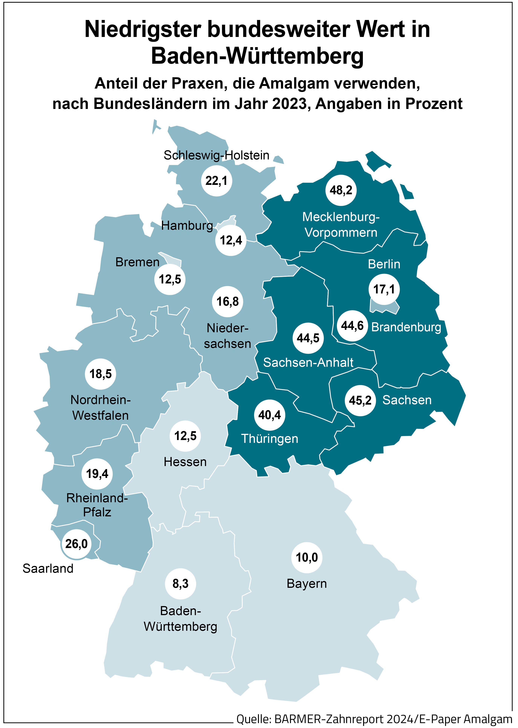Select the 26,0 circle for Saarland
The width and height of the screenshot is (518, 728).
[76, 544]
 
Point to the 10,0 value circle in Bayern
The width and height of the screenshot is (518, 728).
[307, 557]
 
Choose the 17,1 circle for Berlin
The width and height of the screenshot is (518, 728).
[384, 289]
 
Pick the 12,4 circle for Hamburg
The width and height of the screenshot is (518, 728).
[231, 240]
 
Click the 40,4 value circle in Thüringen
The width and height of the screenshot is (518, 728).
[269, 415]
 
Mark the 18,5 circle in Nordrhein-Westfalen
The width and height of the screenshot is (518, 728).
[100, 374]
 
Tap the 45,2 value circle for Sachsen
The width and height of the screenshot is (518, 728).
[360, 400]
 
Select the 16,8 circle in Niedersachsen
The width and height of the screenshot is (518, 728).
[227, 302]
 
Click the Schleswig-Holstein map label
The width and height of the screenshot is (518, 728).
[216, 155]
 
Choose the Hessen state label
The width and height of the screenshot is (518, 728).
[185, 462]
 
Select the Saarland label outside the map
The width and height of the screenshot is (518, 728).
[48, 569]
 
